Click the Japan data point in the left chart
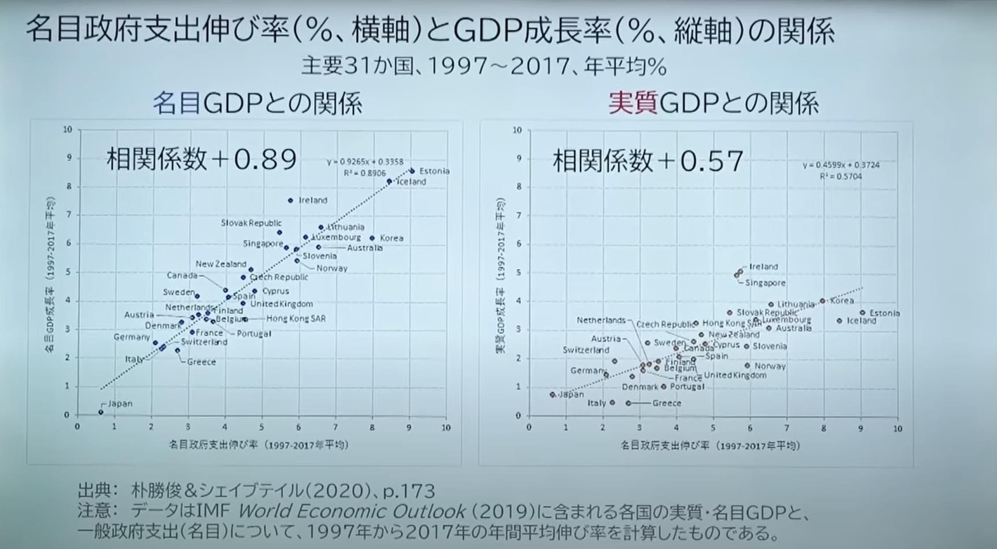click(x=101, y=412)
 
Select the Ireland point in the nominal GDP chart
click(x=290, y=201)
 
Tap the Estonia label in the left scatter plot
click(x=434, y=171)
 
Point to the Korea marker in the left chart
click(x=372, y=238)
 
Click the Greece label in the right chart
click(x=666, y=403)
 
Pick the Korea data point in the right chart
click(x=822, y=301)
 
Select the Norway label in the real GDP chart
click(x=770, y=366)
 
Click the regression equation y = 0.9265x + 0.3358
click(x=365, y=162)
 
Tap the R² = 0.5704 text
click(x=840, y=176)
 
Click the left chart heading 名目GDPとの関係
click(x=257, y=104)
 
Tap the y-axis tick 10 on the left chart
click(x=68, y=129)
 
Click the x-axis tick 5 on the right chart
click(x=712, y=428)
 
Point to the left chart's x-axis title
click(x=259, y=445)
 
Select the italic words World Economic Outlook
click(x=352, y=511)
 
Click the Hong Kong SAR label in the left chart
click(x=296, y=318)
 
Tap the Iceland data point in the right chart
click(x=839, y=321)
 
